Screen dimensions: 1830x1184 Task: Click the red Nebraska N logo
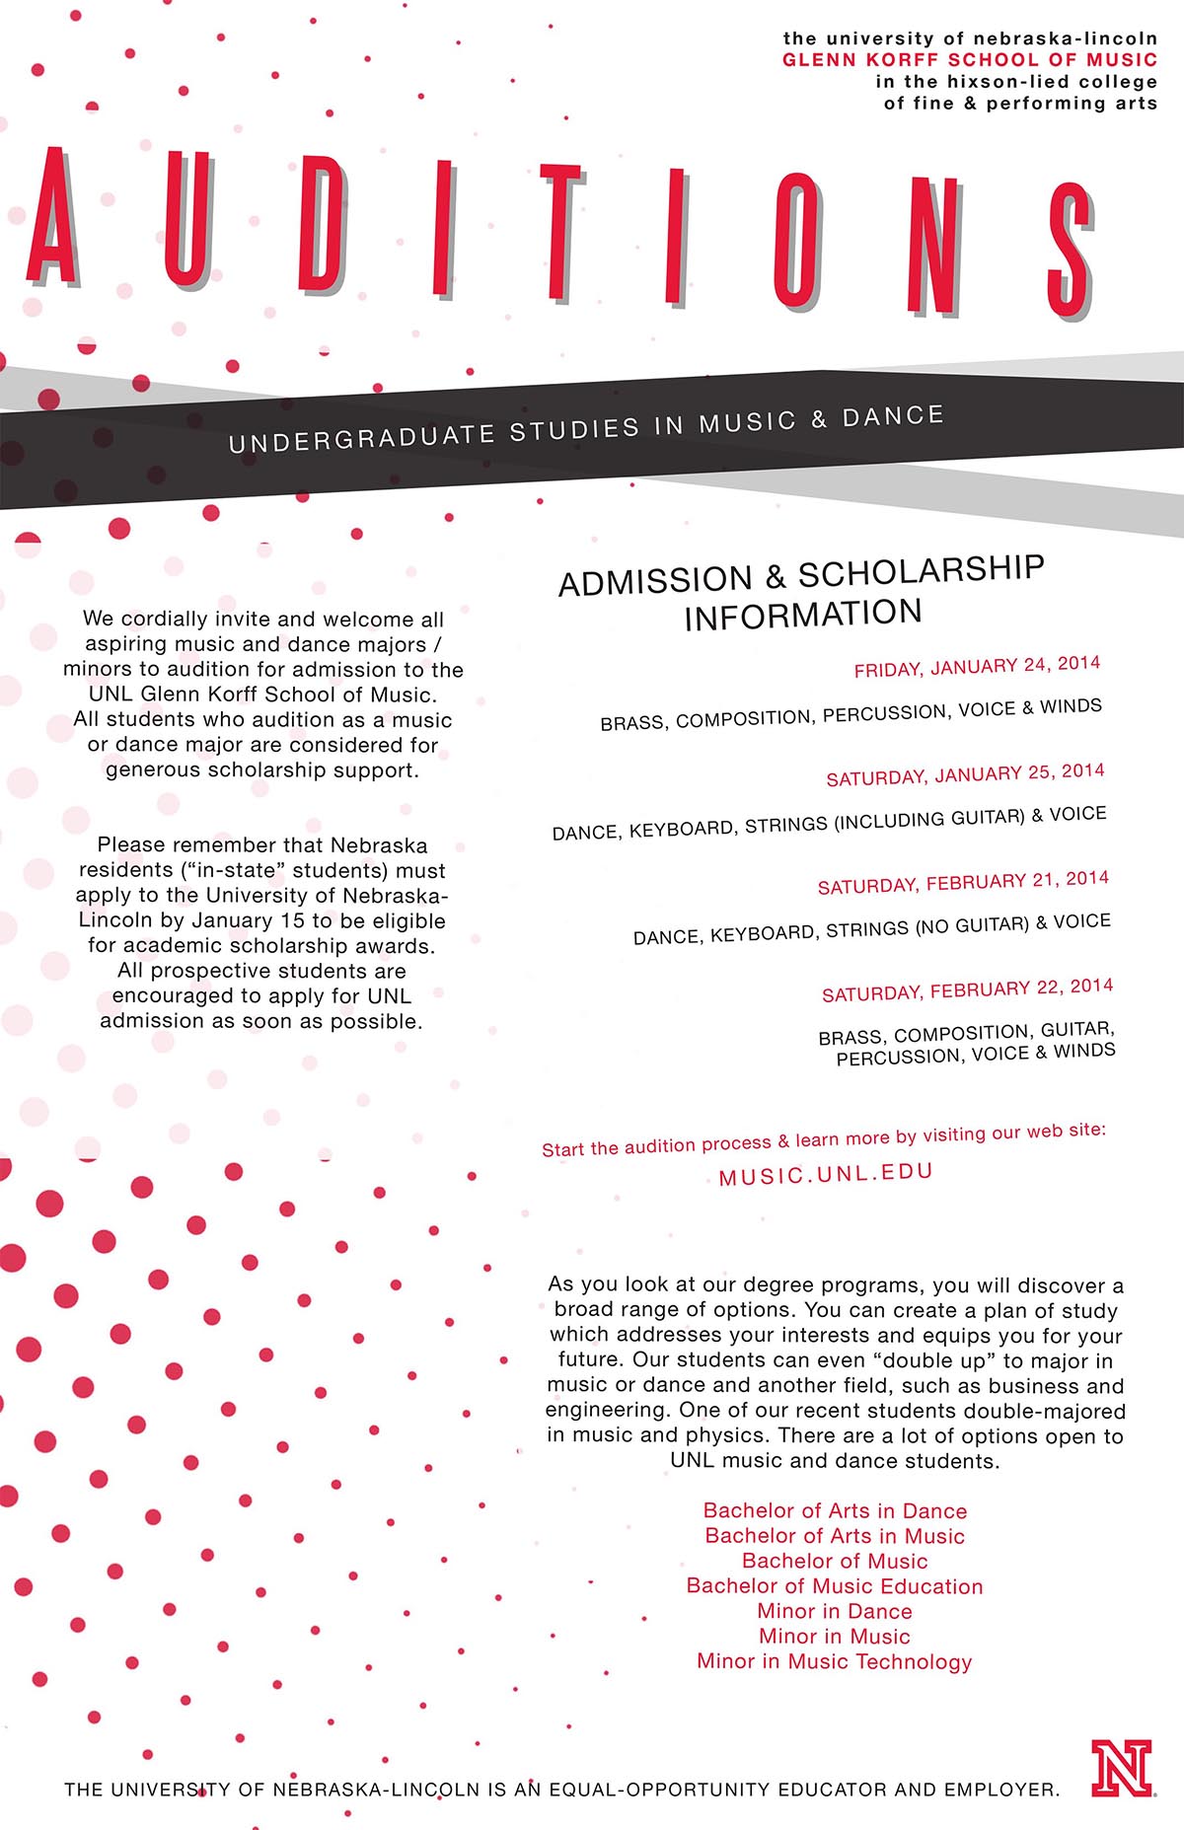pos(1122,1768)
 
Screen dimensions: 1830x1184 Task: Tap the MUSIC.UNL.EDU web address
pos(826,1174)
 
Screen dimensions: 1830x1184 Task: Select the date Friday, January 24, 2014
pos(977,666)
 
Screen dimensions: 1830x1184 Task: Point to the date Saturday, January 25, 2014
pos(965,774)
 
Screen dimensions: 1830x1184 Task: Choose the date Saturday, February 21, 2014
pos(963,882)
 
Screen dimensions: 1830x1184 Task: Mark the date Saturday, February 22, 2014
pos(967,989)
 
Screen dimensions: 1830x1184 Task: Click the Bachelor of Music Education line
pos(835,1586)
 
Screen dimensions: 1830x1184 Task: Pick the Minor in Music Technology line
pos(835,1661)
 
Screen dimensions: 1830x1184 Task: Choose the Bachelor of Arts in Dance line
pos(835,1511)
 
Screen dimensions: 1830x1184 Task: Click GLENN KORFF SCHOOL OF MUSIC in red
pos(969,60)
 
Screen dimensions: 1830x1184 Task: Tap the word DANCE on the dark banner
pos(893,416)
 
